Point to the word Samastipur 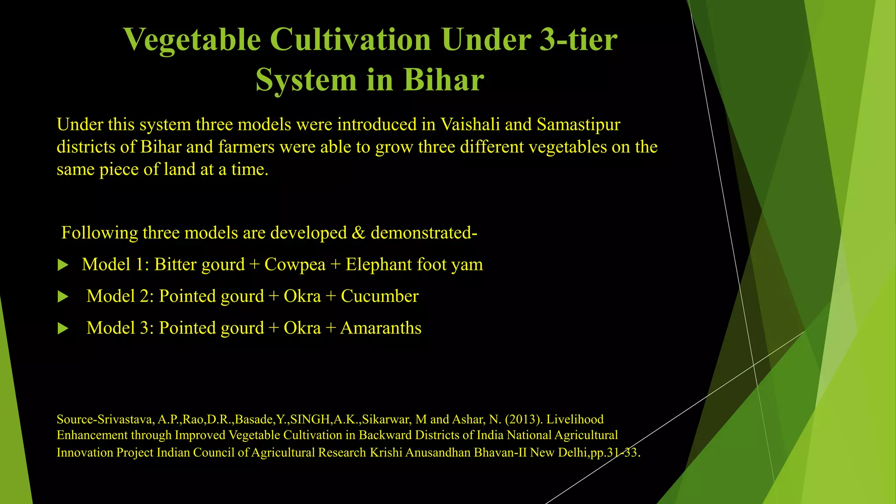click(578, 125)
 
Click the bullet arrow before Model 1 click(63, 265)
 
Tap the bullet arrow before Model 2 click(63, 297)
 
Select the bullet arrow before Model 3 click(63, 329)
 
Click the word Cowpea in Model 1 click(295, 265)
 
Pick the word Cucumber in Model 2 click(379, 297)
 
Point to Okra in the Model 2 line click(302, 297)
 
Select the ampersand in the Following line click(358, 233)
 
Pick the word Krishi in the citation click(386, 452)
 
